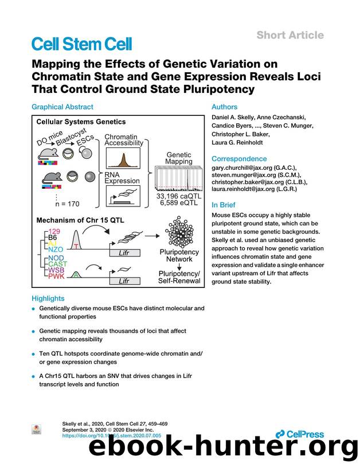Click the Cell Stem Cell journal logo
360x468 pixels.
tap(81, 44)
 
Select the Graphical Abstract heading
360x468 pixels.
tap(62, 107)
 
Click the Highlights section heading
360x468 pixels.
tap(48, 298)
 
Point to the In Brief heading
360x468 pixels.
tap(224, 204)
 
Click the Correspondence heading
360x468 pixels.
tap(239, 158)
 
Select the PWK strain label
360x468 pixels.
tap(56, 277)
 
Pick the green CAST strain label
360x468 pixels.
tap(57, 263)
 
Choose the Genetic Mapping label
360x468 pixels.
tap(179, 158)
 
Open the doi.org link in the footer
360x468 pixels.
tap(111, 436)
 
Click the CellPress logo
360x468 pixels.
tap(299, 434)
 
